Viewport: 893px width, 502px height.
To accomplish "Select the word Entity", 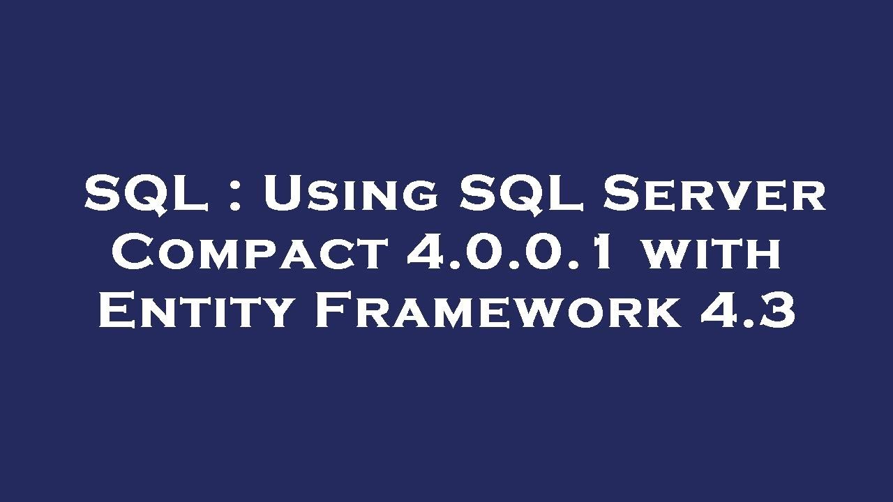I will [x=195, y=311].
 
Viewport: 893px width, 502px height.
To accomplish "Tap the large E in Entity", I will [x=116, y=311].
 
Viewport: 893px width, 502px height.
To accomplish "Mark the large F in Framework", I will [x=333, y=311].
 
